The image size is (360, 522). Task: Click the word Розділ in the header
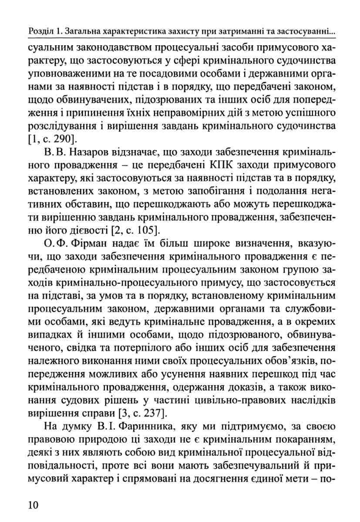coord(40,31)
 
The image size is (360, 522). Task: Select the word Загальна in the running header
coord(87,31)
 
